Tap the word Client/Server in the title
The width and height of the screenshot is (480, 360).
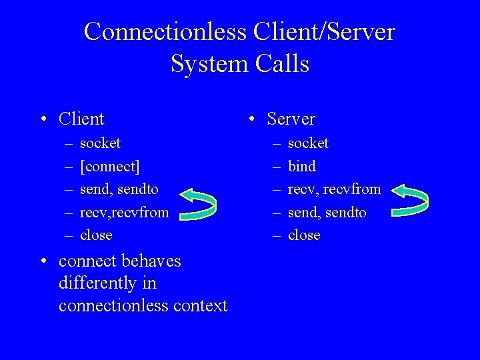319,31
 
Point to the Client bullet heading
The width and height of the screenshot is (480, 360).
81,119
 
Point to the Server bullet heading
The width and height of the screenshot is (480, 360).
291,119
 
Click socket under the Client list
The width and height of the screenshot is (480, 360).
100,143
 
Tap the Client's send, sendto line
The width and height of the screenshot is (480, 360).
119,189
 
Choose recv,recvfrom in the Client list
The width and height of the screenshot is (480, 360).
124,212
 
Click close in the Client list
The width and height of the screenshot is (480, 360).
96,235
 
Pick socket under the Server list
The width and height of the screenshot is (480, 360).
308,143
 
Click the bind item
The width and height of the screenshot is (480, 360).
301,166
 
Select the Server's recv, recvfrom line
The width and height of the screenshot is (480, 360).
334,189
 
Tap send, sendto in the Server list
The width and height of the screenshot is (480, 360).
327,212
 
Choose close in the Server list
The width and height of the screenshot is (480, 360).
304,235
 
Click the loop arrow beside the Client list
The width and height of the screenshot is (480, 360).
199,204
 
